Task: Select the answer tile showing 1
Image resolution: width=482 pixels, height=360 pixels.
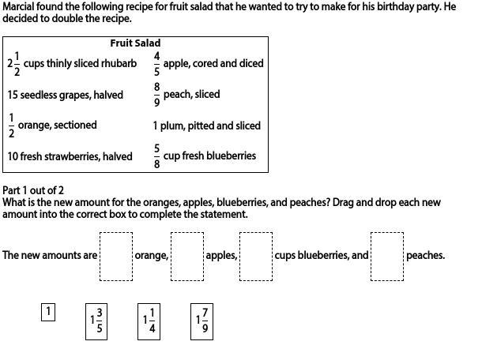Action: click(48, 312)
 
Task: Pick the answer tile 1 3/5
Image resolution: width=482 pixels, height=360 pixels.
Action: click(96, 321)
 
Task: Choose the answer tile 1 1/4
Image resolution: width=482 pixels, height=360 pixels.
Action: click(149, 321)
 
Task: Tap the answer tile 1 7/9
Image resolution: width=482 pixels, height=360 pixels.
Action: click(201, 321)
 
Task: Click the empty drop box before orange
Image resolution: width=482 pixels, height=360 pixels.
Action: click(115, 256)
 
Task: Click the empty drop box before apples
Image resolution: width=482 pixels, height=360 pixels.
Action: click(187, 256)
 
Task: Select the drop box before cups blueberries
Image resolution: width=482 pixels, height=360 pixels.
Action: click(255, 256)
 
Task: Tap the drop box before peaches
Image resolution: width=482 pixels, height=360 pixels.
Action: click(386, 256)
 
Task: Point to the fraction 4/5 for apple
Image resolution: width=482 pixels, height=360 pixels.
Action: click(156, 63)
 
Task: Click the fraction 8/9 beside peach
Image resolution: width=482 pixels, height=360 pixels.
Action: click(156, 94)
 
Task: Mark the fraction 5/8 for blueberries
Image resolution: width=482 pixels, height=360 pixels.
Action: click(156, 156)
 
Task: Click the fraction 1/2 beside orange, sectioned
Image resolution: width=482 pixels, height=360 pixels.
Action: click(11, 125)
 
